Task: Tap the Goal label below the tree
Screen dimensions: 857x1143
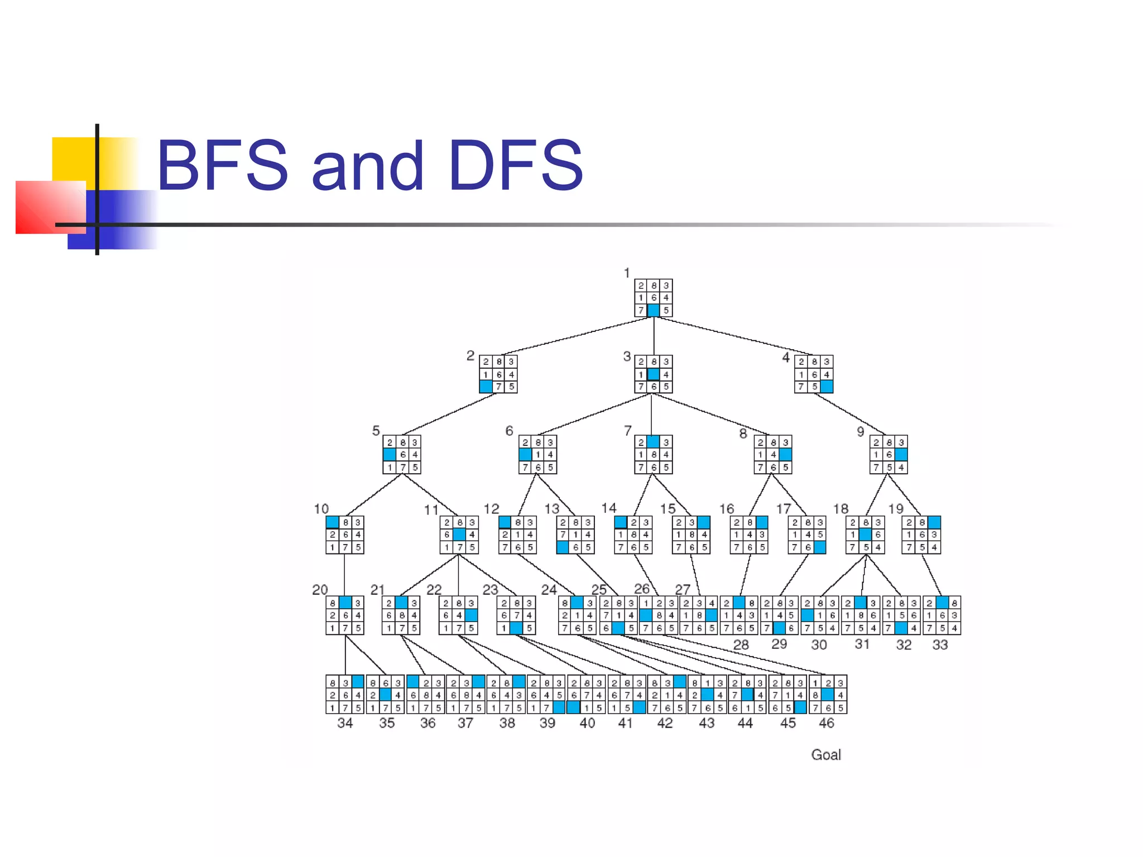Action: (x=825, y=755)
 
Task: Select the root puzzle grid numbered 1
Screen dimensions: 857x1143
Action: (x=653, y=298)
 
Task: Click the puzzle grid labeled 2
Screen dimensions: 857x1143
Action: (x=498, y=374)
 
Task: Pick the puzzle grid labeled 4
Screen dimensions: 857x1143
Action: (x=814, y=374)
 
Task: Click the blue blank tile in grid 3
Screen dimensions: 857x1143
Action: (x=653, y=374)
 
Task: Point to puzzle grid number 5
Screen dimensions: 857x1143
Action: (x=402, y=455)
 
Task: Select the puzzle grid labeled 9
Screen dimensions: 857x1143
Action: (x=889, y=455)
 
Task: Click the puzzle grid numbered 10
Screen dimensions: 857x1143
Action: (x=345, y=535)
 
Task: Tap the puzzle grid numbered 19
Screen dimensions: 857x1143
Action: (x=921, y=535)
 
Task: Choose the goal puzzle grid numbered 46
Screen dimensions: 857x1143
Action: (x=828, y=695)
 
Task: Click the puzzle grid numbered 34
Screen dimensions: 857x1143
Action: (x=345, y=695)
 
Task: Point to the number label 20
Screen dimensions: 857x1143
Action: (x=320, y=590)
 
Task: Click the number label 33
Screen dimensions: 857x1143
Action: (x=940, y=645)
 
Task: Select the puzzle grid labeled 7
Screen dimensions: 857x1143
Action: (x=653, y=455)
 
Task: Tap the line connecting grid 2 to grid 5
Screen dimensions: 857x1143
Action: (x=449, y=414)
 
